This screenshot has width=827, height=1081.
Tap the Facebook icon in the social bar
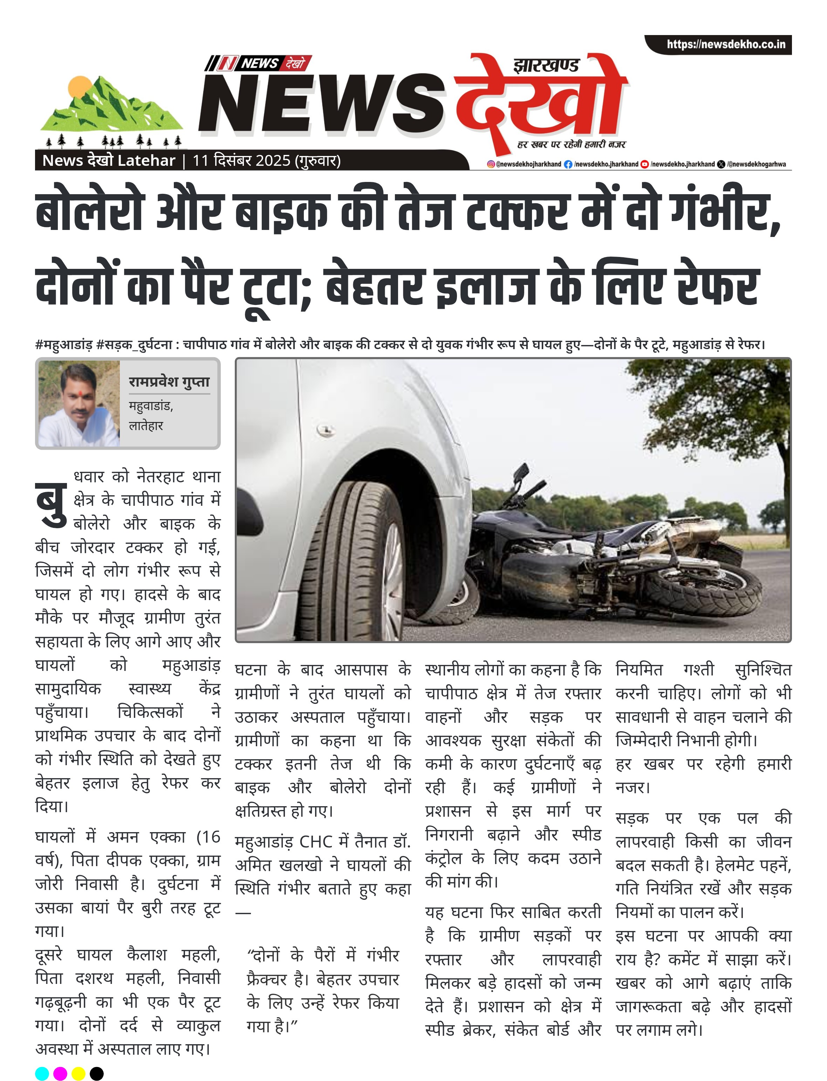568,164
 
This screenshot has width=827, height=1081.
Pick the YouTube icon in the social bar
644,164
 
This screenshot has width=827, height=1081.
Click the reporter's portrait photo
79,404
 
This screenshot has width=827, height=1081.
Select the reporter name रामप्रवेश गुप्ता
169,382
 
